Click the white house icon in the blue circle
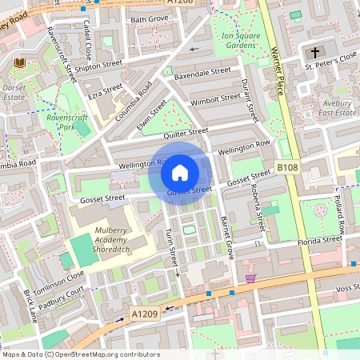tap(180, 172)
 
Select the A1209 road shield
tap(143, 314)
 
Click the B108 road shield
tap(288, 166)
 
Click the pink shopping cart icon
tap(252, 278)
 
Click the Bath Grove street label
tap(149, 18)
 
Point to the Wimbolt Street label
tap(216, 98)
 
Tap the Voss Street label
tap(342, 287)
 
